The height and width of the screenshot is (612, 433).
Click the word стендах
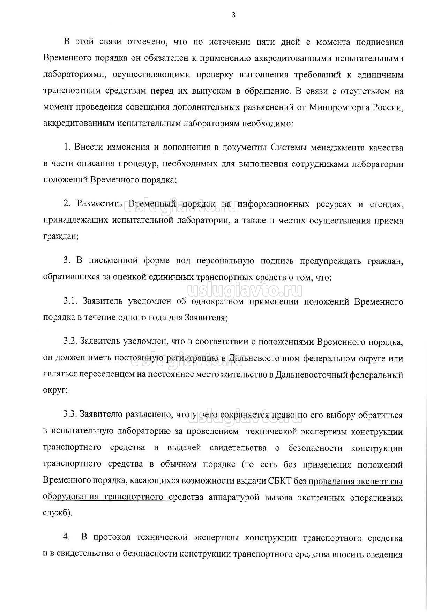pyautogui.click(x=386, y=204)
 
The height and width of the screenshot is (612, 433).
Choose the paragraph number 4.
pyautogui.click(x=67, y=538)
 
